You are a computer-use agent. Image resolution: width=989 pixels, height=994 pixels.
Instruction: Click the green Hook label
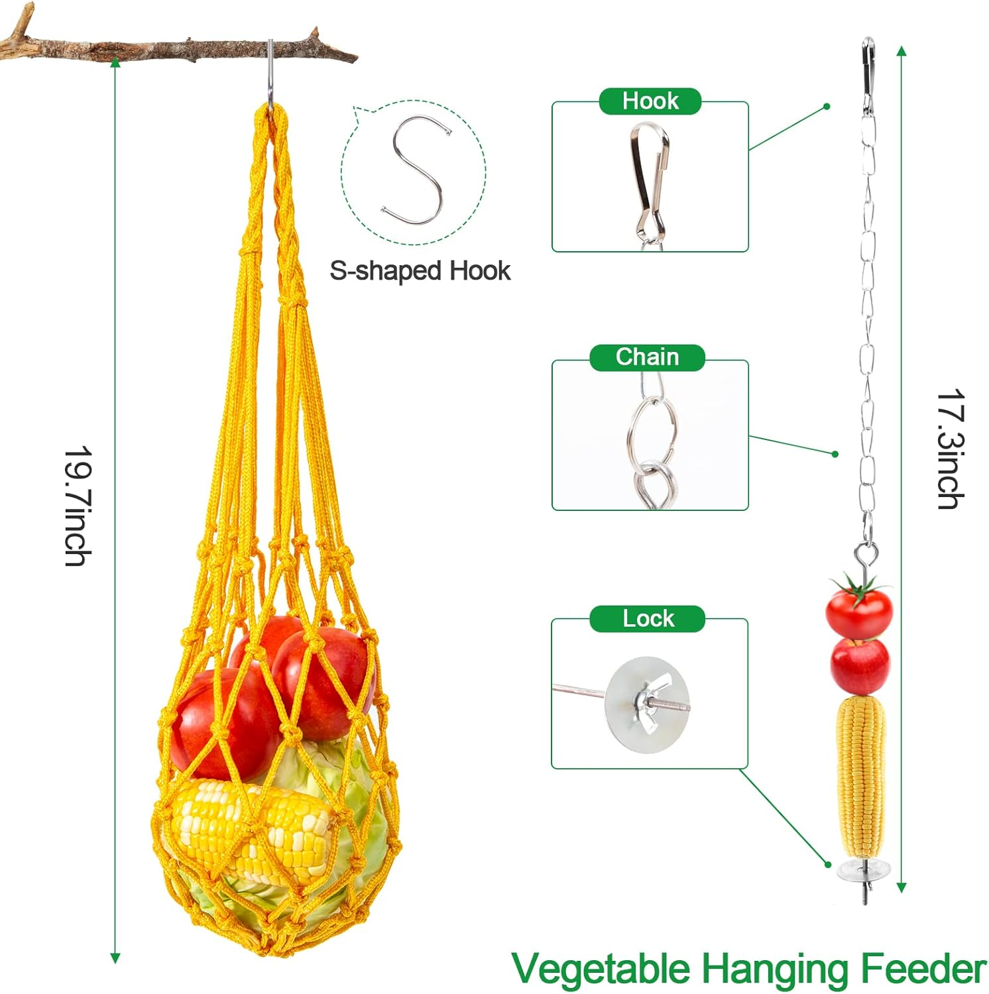click(650, 101)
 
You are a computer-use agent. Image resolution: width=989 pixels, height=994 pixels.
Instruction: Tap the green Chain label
click(647, 357)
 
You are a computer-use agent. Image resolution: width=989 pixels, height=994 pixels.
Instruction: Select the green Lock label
click(647, 618)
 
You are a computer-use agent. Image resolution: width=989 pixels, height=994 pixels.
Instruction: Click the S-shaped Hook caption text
click(420, 271)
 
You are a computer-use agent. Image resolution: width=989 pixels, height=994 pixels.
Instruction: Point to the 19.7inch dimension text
click(78, 506)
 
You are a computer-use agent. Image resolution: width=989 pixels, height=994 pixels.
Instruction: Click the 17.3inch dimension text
click(951, 449)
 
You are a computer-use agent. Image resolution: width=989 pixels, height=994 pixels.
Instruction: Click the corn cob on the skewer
click(860, 775)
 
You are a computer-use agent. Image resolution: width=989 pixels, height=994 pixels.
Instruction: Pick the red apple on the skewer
click(860, 665)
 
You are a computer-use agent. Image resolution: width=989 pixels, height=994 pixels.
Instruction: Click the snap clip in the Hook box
click(649, 179)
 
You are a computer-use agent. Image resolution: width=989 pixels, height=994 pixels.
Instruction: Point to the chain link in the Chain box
click(652, 431)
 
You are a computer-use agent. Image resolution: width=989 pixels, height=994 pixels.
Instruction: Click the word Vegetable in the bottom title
click(601, 969)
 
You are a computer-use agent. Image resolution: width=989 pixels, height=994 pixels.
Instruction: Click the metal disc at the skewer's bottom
click(863, 869)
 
